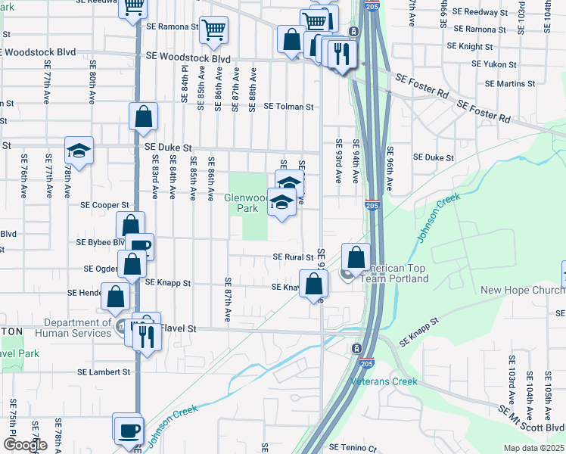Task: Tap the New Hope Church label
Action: point(523,291)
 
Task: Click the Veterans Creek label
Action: point(384,381)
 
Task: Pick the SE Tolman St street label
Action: point(288,107)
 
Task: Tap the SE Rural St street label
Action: point(293,257)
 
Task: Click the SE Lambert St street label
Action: point(104,372)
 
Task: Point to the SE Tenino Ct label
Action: point(352,448)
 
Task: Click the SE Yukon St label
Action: point(493,65)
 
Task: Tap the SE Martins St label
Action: point(510,83)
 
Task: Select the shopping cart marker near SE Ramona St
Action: point(213,30)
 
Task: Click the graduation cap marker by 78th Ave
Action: point(78,152)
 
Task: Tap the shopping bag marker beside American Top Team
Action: point(356,258)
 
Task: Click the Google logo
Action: point(24,446)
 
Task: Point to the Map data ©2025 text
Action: point(534,448)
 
